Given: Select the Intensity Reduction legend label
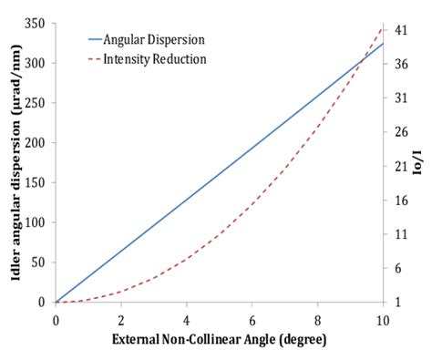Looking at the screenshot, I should click(155, 58).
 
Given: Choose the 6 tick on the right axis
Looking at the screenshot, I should click(401, 268).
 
